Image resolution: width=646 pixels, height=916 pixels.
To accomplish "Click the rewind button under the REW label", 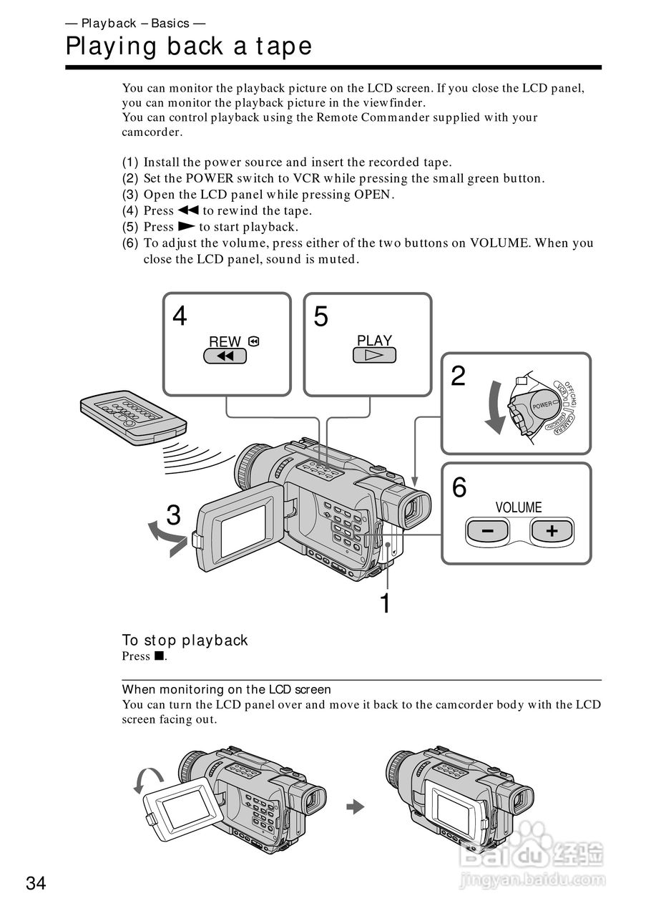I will [225, 356].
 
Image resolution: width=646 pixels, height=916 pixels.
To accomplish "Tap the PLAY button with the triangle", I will [374, 355].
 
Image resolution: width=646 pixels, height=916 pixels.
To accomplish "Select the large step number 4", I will [180, 316].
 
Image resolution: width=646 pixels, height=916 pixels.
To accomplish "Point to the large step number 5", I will [321, 316].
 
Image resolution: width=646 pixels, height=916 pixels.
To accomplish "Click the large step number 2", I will [459, 376].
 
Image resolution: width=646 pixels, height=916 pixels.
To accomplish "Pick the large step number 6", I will [459, 488].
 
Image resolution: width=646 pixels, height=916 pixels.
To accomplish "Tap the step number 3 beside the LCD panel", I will [173, 515].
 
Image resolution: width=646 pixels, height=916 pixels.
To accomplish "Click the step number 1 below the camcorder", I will [385, 603].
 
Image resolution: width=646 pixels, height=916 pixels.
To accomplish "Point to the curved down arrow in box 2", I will [494, 408].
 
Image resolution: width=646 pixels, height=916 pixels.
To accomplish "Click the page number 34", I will [36, 884].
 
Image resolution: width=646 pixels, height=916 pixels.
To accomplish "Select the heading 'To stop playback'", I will [185, 640].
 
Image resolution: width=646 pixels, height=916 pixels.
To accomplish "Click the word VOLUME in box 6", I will [518, 507].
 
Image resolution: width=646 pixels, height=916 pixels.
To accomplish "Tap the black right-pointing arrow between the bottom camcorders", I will [355, 807].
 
